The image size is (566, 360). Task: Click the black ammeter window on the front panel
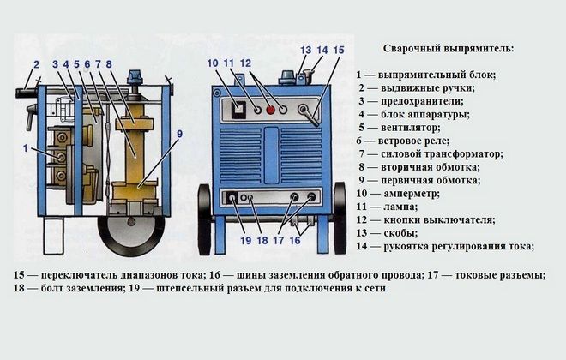[x=238, y=110]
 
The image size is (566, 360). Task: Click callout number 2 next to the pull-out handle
[x=36, y=64]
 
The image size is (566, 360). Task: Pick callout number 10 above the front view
[x=214, y=63]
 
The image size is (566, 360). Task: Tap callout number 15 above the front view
[x=338, y=51]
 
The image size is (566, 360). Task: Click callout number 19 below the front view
[x=244, y=241]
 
